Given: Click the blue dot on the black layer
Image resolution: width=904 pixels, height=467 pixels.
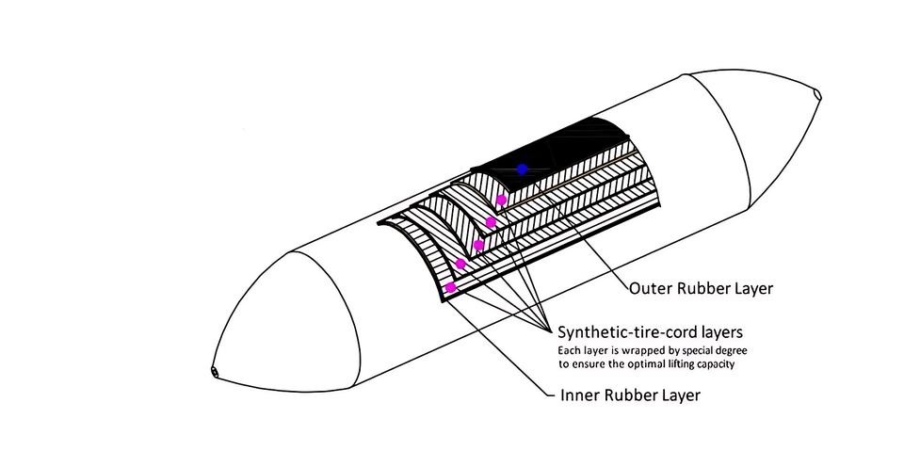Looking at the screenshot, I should point(522,169).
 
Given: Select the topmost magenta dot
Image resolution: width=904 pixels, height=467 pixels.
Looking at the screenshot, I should point(502,200).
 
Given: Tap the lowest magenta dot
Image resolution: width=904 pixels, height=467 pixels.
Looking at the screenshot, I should point(451,287).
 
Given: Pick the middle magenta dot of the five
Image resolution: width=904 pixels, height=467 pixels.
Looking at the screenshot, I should point(478,245).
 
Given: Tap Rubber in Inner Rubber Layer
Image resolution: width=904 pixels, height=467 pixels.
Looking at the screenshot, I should point(629,395).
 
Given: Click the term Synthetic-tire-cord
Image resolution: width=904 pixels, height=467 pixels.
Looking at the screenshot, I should point(625,332).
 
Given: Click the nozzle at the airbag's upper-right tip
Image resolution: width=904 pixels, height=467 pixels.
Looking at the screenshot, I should point(815,94).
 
